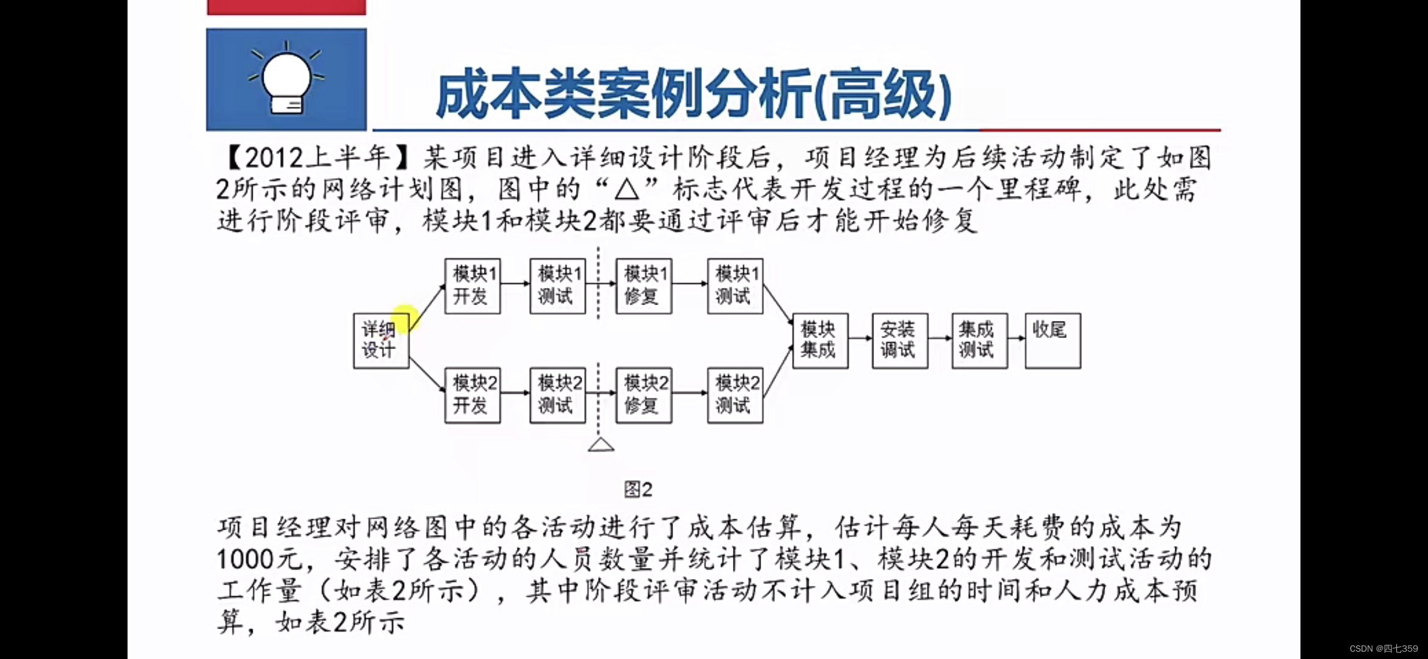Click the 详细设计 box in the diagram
click(381, 340)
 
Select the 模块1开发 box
click(472, 286)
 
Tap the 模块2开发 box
click(472, 395)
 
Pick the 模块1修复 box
click(643, 286)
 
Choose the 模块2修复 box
click(643, 395)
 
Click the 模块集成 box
click(820, 340)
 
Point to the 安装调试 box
click(900, 340)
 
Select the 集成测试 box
click(979, 340)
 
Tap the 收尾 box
click(1052, 340)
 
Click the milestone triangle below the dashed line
click(600, 445)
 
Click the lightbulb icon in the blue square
click(286, 79)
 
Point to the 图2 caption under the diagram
click(638, 489)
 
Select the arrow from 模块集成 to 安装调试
click(860, 338)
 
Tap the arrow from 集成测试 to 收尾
click(1016, 338)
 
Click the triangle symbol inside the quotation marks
click(626, 190)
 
